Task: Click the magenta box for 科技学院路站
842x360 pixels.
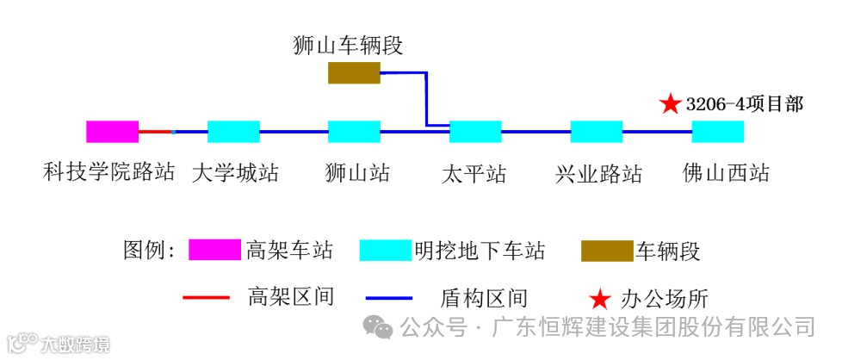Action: point(112,132)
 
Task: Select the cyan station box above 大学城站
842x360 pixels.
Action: point(233,132)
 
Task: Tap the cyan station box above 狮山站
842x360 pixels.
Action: point(354,132)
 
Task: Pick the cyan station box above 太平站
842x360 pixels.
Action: point(475,132)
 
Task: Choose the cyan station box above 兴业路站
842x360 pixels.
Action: point(596,132)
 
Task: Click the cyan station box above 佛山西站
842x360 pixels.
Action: point(717,132)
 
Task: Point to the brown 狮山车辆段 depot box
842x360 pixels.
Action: point(354,73)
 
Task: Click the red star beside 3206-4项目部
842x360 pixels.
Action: point(670,104)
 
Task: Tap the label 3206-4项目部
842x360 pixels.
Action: point(745,104)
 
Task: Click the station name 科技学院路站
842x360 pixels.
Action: point(109,172)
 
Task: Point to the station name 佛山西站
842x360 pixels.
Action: point(726,172)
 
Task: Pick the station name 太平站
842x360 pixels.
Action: point(474,173)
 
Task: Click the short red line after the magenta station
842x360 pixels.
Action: point(155,132)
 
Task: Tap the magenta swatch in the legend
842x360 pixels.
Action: point(214,251)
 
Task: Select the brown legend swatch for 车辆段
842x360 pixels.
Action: point(607,251)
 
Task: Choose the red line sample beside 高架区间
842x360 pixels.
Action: point(207,298)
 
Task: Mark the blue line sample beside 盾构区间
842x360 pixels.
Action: point(395,299)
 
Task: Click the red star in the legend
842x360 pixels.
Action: point(599,299)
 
